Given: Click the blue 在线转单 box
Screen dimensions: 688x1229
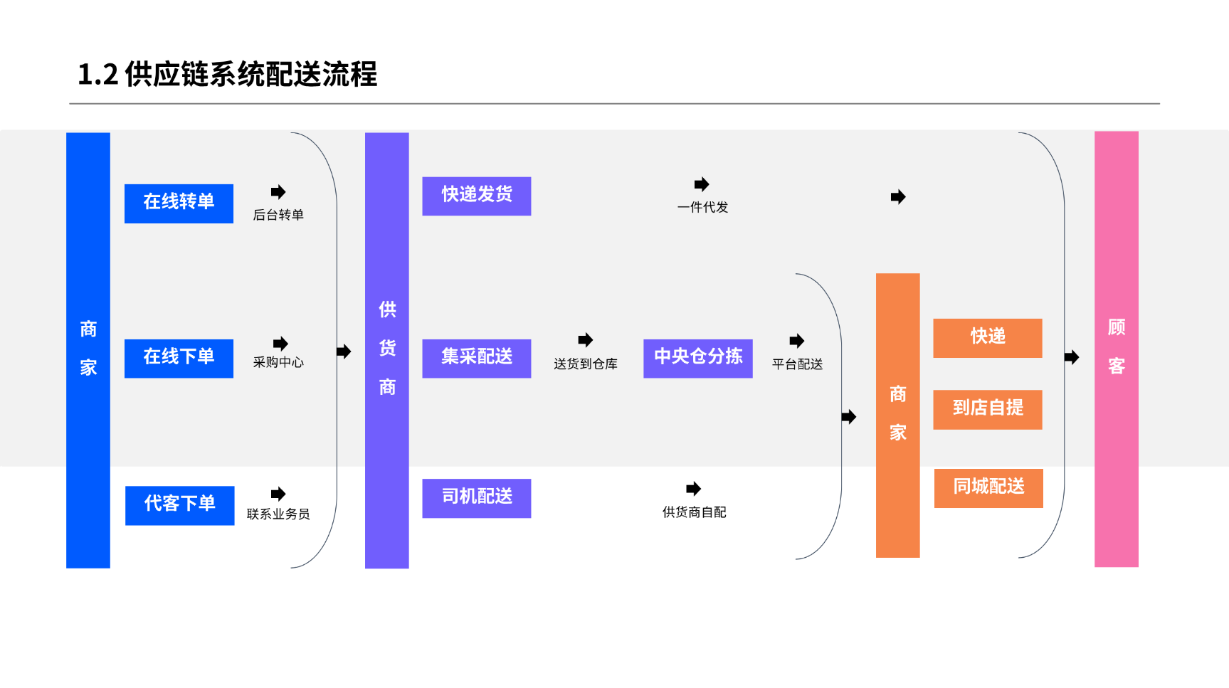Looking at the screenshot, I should tap(179, 203).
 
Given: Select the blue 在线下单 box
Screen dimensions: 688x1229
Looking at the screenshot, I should tap(179, 359).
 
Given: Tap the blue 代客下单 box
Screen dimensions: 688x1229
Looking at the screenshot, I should tap(179, 505).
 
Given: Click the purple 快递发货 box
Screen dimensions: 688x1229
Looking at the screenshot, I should tap(476, 196).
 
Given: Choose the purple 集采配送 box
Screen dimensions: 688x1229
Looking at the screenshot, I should tap(476, 358).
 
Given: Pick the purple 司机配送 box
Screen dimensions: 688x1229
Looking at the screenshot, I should tap(476, 498).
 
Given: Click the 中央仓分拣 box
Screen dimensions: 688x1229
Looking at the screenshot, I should tap(697, 358).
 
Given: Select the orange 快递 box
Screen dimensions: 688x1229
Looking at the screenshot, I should tap(987, 338).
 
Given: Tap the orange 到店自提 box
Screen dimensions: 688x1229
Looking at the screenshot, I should tap(987, 409).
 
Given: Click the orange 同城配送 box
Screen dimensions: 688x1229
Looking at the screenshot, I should tap(988, 488).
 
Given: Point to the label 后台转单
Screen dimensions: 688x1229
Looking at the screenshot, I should tap(278, 215).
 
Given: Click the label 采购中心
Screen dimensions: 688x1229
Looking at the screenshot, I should tap(278, 363).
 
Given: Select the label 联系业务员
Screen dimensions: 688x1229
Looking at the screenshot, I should tap(278, 514).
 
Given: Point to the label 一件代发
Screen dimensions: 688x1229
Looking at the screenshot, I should tap(702, 208).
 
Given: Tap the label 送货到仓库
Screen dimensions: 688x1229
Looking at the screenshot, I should tap(585, 364).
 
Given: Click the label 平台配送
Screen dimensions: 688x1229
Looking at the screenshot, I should tap(797, 364).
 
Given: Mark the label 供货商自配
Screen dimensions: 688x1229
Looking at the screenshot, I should tap(694, 512).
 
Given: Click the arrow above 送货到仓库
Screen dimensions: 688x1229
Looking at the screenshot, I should tap(585, 340).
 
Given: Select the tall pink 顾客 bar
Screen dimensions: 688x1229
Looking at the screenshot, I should tap(1116, 349).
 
